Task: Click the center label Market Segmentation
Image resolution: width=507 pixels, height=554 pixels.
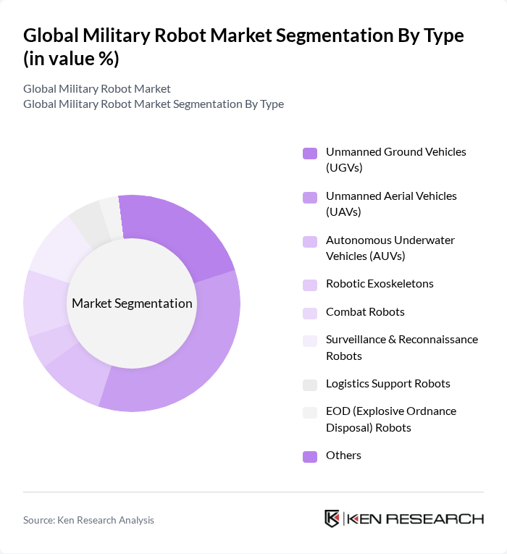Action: click(x=132, y=303)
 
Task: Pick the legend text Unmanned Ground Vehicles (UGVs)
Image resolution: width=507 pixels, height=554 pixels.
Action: click(x=395, y=159)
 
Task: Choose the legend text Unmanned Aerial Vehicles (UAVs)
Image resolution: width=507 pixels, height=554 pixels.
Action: click(x=391, y=203)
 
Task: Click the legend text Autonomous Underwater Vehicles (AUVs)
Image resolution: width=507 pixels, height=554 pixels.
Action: click(x=390, y=248)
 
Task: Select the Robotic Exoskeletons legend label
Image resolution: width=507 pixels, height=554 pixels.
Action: click(x=380, y=283)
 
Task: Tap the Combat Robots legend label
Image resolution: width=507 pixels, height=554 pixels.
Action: click(x=365, y=311)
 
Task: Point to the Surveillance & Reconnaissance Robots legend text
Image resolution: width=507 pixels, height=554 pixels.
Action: click(x=401, y=347)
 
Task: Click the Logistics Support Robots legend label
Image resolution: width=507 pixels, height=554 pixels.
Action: click(x=387, y=383)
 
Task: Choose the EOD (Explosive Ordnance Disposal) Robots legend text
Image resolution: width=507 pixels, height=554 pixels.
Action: click(x=390, y=419)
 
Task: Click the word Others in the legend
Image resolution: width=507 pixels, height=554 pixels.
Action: click(x=343, y=455)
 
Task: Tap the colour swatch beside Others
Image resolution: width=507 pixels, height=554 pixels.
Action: click(x=310, y=456)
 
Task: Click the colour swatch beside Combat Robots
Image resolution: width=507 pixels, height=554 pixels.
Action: click(x=310, y=313)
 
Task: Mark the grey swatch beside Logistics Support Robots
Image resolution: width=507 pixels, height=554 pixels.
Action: click(x=310, y=385)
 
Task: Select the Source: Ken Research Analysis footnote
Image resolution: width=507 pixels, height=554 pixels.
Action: click(x=88, y=520)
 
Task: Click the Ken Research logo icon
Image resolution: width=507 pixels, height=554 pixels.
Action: click(x=332, y=519)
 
